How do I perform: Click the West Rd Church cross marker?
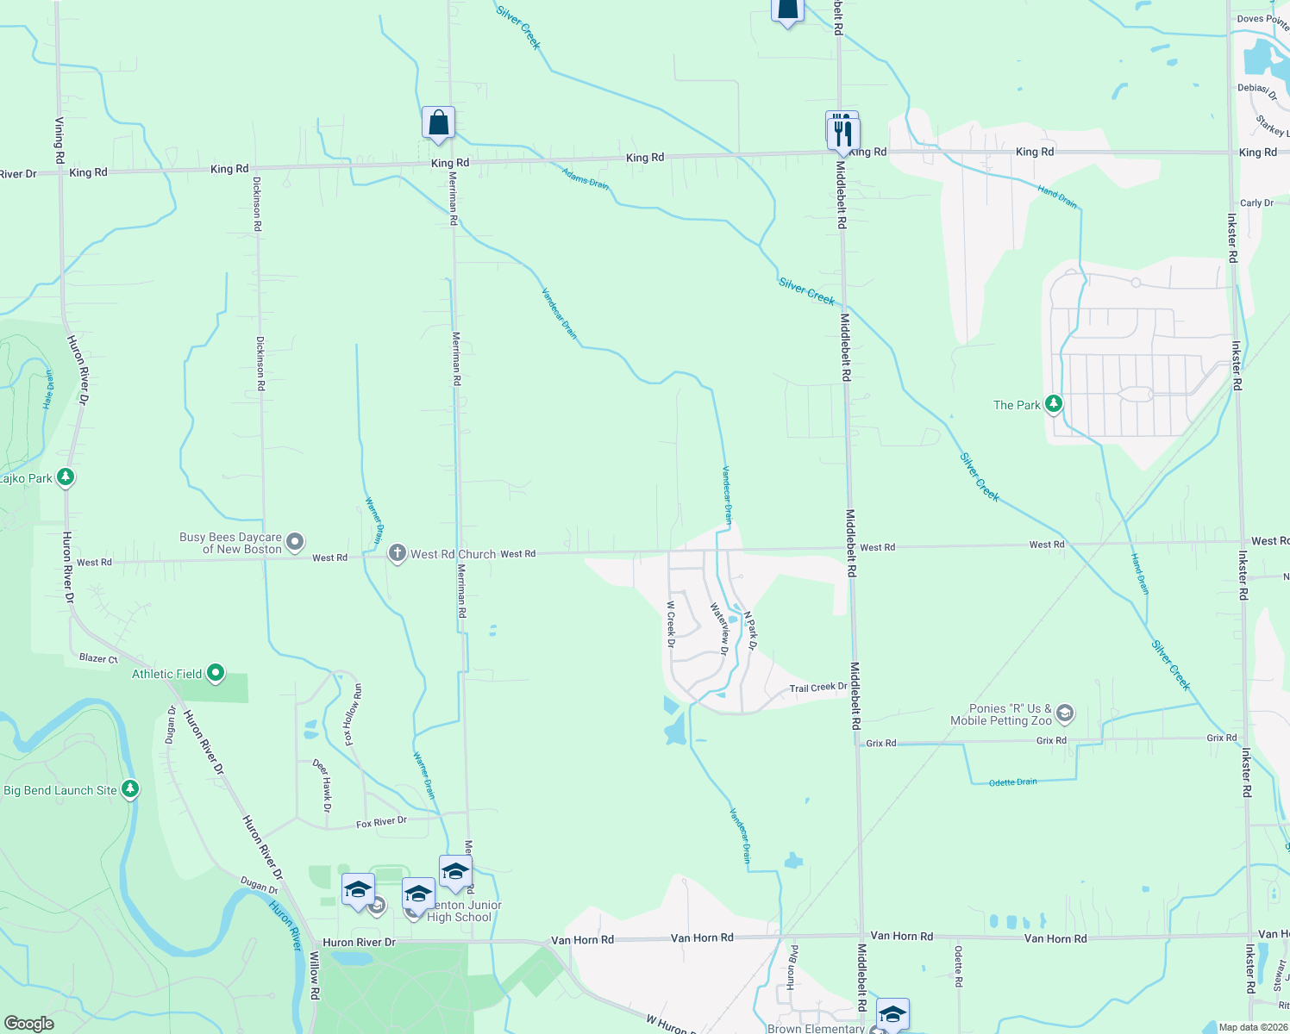pyautogui.click(x=397, y=553)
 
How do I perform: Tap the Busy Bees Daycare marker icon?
pyautogui.click(x=295, y=542)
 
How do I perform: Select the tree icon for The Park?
pyautogui.click(x=1053, y=403)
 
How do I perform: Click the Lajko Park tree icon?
pyautogui.click(x=66, y=477)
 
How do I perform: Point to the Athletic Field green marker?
pyautogui.click(x=216, y=673)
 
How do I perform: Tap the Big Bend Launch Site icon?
pyautogui.click(x=130, y=788)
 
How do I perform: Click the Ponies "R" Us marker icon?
pyautogui.click(x=1065, y=713)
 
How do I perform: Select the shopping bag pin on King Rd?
pyautogui.click(x=438, y=123)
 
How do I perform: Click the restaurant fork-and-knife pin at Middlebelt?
pyautogui.click(x=842, y=134)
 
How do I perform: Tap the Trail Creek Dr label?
pyautogui.click(x=818, y=688)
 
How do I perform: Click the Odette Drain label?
pyautogui.click(x=1012, y=782)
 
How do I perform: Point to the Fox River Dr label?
pyautogui.click(x=381, y=823)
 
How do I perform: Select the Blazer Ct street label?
pyautogui.click(x=98, y=658)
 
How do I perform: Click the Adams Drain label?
pyautogui.click(x=586, y=178)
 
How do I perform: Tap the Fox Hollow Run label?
pyautogui.click(x=353, y=714)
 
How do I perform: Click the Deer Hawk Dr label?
pyautogui.click(x=321, y=785)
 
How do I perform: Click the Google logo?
pyautogui.click(x=29, y=1024)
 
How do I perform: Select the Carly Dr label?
pyautogui.click(x=1256, y=203)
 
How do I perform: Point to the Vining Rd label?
pyautogui.click(x=59, y=140)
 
